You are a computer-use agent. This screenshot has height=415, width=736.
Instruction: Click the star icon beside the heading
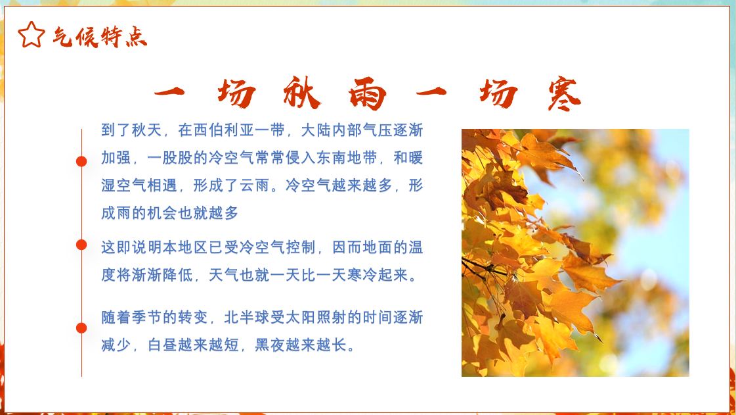(x=32, y=35)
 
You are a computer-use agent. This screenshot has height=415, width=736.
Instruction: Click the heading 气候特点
(x=100, y=37)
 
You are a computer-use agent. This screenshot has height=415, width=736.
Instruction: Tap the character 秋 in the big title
(x=302, y=93)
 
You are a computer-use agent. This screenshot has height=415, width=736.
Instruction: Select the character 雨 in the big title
(x=368, y=93)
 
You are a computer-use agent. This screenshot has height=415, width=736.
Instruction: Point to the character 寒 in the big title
(x=564, y=94)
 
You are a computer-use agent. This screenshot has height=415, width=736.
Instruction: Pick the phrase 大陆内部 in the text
(x=332, y=130)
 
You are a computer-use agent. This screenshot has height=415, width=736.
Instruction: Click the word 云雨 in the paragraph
(x=255, y=185)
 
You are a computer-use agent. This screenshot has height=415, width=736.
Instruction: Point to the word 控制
(x=301, y=248)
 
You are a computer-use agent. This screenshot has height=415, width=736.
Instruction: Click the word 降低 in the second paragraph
(x=178, y=276)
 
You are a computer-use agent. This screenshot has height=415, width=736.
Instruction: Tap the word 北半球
(x=247, y=318)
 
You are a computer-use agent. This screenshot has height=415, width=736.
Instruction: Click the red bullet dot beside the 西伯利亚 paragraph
(x=81, y=162)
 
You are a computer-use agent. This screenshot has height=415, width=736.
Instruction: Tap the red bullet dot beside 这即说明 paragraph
(x=81, y=245)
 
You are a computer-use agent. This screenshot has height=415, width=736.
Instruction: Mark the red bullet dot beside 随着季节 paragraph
(x=81, y=328)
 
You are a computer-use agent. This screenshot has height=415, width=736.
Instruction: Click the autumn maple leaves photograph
(x=575, y=253)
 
